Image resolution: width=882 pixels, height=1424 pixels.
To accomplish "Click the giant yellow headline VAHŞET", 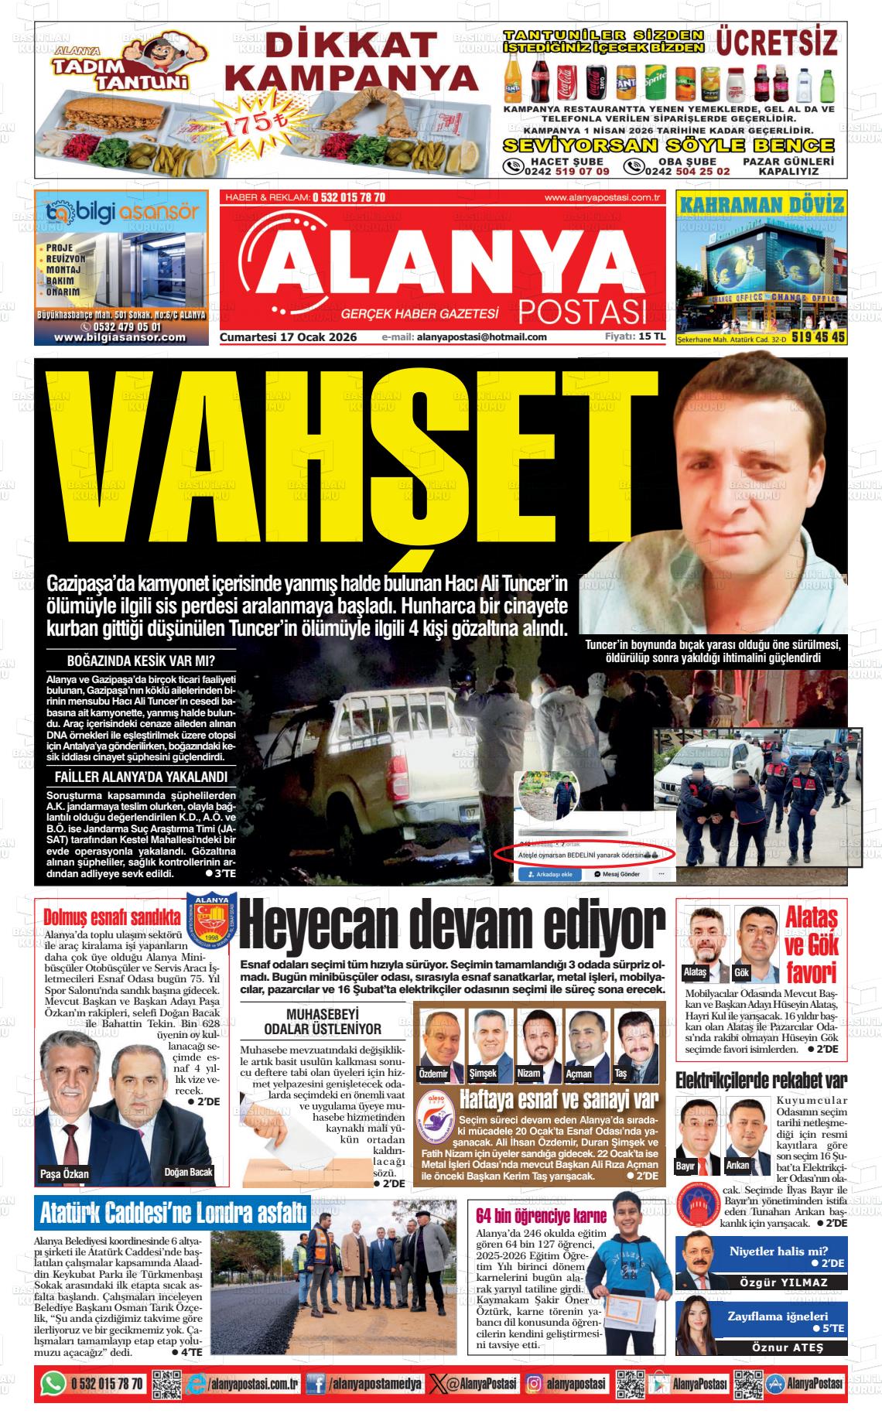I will tap(340, 464).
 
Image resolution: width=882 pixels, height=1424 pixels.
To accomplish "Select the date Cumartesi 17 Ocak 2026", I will tap(289, 337).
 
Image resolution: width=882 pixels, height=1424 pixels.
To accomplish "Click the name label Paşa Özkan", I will tap(64, 1173).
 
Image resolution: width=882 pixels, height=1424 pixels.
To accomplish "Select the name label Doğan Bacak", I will tap(188, 1172).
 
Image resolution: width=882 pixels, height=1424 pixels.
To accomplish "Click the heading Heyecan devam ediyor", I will tap(453, 926).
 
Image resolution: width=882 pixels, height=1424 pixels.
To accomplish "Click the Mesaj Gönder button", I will tap(617, 873).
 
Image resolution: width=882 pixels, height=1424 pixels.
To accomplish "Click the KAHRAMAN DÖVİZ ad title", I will tap(761, 205).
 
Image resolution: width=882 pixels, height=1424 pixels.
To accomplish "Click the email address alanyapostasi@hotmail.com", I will tap(481, 337).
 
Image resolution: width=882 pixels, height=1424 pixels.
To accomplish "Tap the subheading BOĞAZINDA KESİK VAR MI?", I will tap(141, 661).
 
